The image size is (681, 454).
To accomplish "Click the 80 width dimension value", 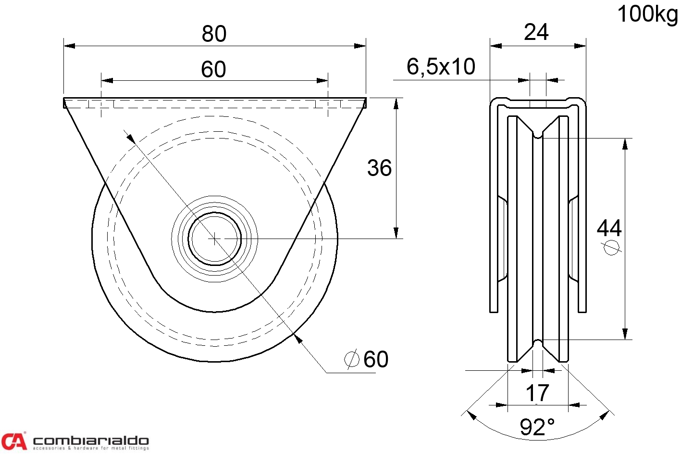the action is coord(214,34).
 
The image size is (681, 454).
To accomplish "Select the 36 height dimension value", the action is coord(379,168).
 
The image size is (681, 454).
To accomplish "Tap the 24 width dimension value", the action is coord(536,32).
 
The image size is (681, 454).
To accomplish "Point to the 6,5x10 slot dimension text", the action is coord(441,67).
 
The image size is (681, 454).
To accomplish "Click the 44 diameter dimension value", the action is coord(609,228).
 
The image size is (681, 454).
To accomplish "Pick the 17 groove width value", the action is coord(537,393).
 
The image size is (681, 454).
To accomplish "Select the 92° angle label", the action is coord(537,427).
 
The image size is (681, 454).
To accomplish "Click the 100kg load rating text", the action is coord(647,14).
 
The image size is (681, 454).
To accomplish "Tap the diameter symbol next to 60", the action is coord(352,359).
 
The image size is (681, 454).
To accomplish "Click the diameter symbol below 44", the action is coord(611,247).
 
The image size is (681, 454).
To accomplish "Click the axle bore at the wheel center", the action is coord(215,239).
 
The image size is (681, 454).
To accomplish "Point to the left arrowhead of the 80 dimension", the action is coord(69,46).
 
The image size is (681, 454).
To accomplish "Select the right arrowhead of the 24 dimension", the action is coord(580,46).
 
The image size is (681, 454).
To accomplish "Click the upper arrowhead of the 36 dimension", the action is coord(396,104).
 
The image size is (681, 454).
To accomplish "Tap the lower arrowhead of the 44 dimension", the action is coord(625,334).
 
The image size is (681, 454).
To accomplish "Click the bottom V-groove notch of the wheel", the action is coord(538,343).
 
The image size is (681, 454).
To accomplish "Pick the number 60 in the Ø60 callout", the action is coord(376,359).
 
